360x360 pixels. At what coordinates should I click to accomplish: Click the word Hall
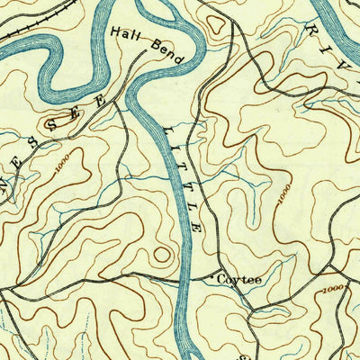pyautogui.click(x=125, y=33)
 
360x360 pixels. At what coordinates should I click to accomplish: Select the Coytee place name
pyautogui.click(x=238, y=280)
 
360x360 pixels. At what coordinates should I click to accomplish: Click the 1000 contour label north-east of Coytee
pyautogui.click(x=284, y=194)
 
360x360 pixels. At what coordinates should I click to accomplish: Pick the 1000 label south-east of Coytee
pyautogui.click(x=333, y=289)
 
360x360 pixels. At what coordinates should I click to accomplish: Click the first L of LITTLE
pyautogui.click(x=166, y=130)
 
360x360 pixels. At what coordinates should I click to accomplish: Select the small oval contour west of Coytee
pyautogui.click(x=161, y=254)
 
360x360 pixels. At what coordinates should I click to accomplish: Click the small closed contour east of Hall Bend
pyautogui.click(x=213, y=19)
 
